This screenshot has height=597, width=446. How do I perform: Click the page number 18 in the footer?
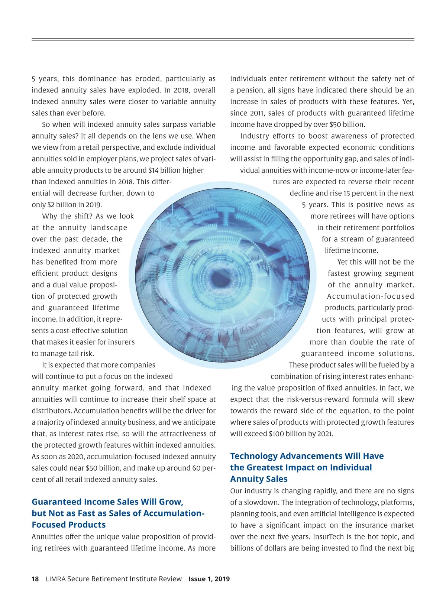click(x=35, y=579)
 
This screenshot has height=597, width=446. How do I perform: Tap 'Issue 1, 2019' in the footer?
click(x=209, y=579)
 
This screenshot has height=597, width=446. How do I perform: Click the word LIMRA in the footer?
click(x=55, y=579)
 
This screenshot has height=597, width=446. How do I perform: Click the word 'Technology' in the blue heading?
click(x=254, y=456)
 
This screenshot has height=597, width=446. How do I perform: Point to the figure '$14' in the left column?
click(x=153, y=171)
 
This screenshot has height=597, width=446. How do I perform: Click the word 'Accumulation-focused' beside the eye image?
click(x=370, y=296)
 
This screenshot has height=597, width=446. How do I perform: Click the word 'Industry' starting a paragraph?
click(x=254, y=136)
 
